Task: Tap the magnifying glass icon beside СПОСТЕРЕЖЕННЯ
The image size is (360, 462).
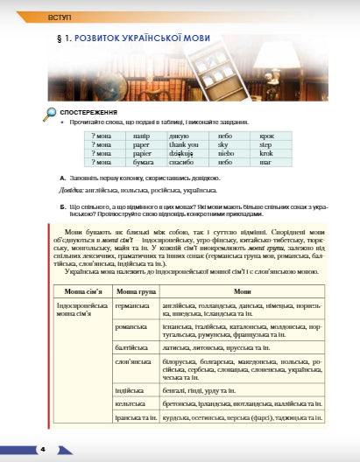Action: (x=49, y=112)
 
